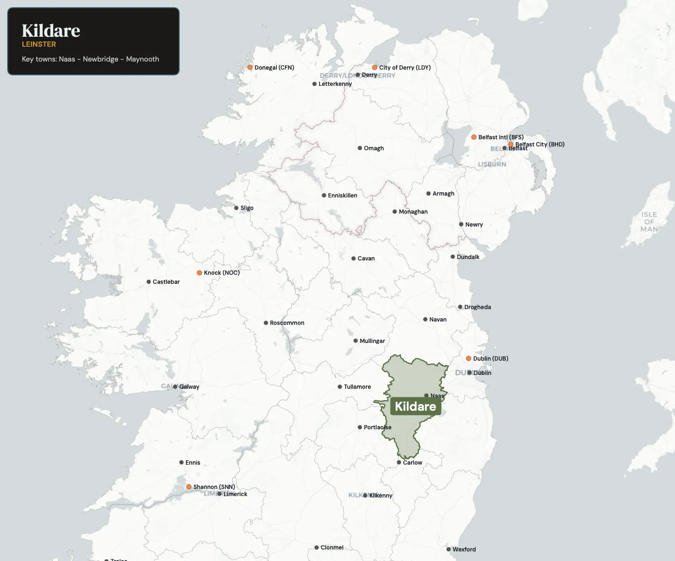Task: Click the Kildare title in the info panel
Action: [51, 31]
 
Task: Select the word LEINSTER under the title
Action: [39, 44]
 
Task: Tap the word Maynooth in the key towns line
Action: [143, 59]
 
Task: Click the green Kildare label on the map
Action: [415, 406]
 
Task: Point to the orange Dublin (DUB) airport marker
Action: [469, 358]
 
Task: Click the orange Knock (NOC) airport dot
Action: [199, 273]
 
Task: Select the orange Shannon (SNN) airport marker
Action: [189, 487]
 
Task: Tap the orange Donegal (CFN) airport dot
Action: [250, 68]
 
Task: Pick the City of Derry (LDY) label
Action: [405, 68]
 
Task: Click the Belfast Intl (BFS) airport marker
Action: [474, 137]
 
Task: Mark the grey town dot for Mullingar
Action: [356, 341]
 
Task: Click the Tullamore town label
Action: [357, 387]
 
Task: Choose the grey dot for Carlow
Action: [399, 462]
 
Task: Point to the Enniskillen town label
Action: [342, 196]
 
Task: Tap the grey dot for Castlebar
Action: [149, 282]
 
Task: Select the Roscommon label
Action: [287, 323]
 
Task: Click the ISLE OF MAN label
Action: [649, 222]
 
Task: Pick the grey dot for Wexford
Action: [449, 549]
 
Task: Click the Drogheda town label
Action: [477, 307]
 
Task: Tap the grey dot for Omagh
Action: [360, 148]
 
